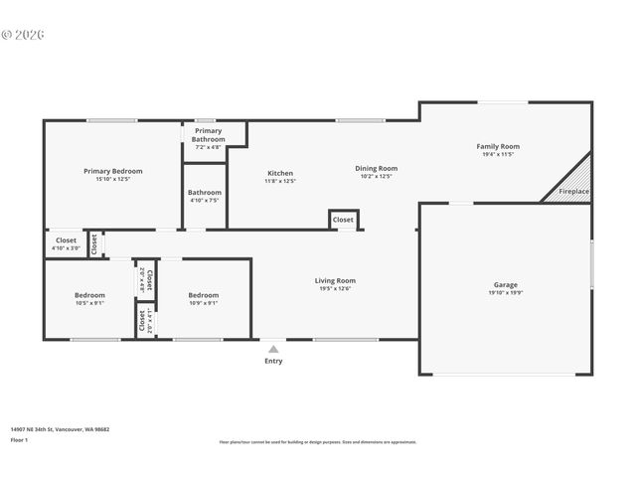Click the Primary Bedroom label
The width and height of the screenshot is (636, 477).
(112, 172)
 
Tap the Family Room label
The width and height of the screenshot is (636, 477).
(498, 147)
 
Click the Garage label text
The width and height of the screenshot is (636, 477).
(506, 284)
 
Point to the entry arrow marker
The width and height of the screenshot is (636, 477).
(273, 349)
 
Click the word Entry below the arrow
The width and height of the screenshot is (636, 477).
(273, 361)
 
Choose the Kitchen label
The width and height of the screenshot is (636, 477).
(279, 173)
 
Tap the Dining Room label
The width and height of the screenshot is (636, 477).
(377, 168)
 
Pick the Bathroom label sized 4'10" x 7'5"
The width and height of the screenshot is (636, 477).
(205, 192)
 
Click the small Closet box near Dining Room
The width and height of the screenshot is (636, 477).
(343, 220)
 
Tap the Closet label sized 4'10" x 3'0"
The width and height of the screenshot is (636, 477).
(67, 239)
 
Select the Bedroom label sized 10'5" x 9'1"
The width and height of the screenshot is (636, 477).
(89, 295)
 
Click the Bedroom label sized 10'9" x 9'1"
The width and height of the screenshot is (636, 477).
(204, 295)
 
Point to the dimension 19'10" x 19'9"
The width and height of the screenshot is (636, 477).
(506, 293)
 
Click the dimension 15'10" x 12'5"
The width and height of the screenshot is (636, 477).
(112, 180)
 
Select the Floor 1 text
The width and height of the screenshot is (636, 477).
(20, 439)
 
